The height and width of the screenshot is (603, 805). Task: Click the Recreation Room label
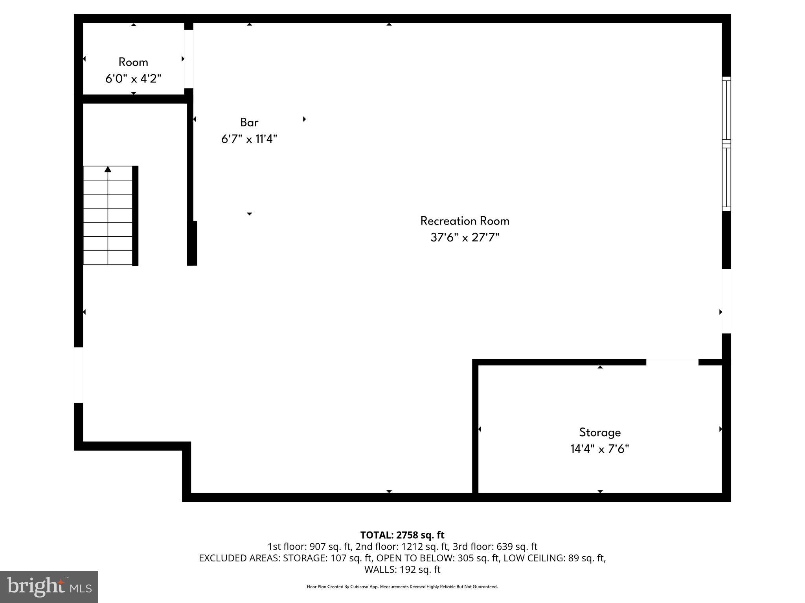point(465,221)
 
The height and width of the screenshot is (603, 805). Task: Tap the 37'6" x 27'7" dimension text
point(465,238)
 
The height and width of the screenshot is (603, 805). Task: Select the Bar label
point(249,122)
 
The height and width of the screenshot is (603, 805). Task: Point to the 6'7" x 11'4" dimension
point(249,139)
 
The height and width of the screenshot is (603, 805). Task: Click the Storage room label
point(600,432)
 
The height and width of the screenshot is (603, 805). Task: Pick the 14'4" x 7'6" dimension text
point(600,449)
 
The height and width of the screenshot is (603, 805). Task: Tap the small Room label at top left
point(133,62)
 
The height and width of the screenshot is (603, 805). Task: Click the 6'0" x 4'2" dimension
point(133,79)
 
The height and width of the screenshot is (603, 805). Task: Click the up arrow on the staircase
point(108,170)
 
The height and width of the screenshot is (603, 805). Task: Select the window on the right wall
point(726,144)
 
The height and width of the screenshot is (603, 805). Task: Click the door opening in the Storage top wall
point(672,362)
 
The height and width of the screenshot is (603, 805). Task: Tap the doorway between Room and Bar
point(189,59)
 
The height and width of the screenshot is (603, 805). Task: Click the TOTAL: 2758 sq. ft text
point(402,535)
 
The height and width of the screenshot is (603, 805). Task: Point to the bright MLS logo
point(49,587)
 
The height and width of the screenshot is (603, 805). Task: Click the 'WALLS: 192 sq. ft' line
point(402,569)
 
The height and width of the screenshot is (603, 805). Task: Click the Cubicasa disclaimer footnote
point(402,587)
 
